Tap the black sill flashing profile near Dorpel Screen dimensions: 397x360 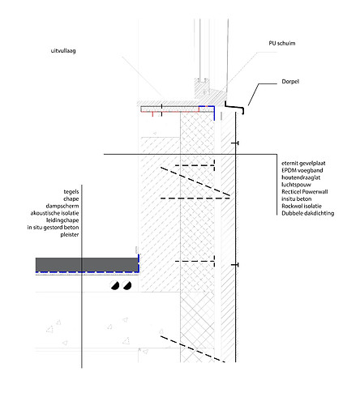point(236,108)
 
